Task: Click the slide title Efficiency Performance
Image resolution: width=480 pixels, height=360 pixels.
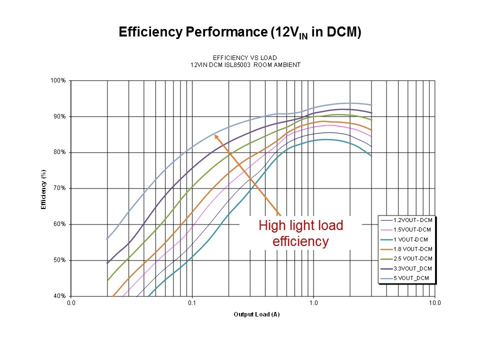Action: (239, 32)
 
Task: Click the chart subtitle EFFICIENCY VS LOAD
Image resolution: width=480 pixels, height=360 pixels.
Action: (245, 57)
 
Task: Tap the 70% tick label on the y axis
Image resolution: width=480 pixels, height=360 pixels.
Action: (60, 188)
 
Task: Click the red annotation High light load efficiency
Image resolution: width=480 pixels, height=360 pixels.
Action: (300, 233)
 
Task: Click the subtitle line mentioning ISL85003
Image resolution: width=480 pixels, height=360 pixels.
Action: (245, 64)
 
